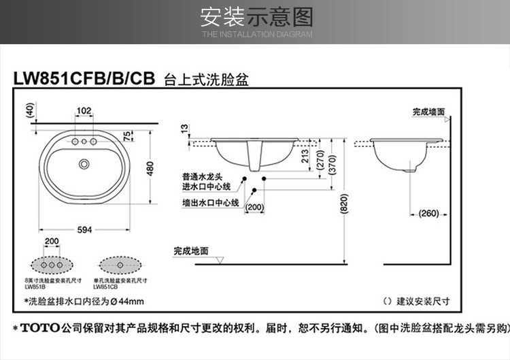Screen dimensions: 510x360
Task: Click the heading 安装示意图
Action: pos(256,17)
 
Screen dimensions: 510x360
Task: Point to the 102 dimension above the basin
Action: pos(84,111)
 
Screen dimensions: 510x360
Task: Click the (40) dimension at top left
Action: pos(29,110)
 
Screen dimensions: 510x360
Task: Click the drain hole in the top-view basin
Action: pos(84,163)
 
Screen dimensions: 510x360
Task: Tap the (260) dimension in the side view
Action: pos(428,213)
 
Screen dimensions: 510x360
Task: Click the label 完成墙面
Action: pos(428,111)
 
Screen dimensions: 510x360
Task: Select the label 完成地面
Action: pos(190,251)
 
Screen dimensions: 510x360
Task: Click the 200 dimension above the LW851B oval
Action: pos(52,242)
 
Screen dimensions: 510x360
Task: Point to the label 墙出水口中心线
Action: pos(210,203)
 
